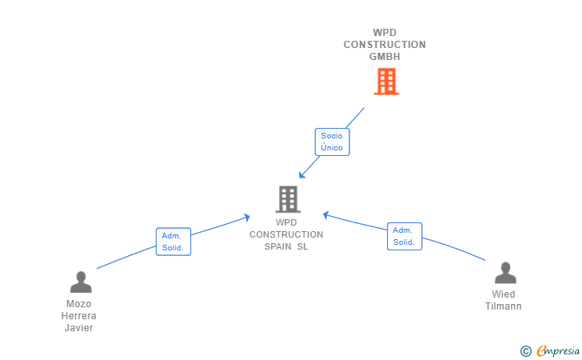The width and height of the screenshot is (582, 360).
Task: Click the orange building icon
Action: [x=386, y=82]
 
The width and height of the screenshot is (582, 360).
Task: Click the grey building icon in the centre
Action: [x=288, y=199]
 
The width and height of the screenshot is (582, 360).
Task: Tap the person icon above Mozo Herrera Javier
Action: [x=81, y=282]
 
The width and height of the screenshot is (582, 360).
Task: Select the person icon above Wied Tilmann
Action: [x=505, y=273]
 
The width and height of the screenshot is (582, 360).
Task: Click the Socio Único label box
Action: [x=333, y=142]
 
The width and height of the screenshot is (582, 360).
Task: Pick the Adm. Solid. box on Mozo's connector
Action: [x=173, y=242]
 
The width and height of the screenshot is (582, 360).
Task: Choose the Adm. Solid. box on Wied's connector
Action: [x=405, y=236]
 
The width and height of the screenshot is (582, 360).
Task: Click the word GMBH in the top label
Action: [x=385, y=57]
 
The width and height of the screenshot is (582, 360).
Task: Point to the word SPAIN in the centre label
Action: [x=277, y=246]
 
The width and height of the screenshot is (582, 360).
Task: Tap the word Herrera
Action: [x=78, y=316]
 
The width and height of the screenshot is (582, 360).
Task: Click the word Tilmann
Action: [x=504, y=306]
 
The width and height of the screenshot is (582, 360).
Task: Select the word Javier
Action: [x=78, y=328]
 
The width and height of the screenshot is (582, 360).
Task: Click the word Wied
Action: [x=504, y=294]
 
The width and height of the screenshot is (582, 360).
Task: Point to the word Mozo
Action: [x=78, y=304]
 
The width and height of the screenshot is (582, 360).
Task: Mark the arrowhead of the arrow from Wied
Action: [x=325, y=214]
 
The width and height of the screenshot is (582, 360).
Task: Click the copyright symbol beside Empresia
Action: [x=526, y=351]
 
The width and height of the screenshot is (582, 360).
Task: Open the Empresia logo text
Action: [x=558, y=350]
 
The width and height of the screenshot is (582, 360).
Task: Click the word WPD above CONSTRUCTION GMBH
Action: [x=385, y=33]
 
